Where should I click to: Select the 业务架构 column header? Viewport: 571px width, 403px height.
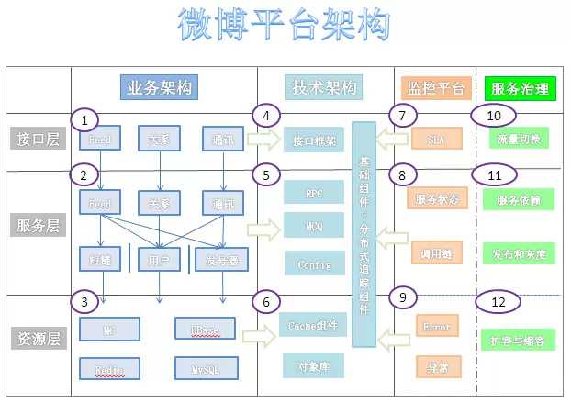[x=160, y=87]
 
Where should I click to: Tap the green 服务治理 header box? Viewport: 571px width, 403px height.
[x=521, y=88]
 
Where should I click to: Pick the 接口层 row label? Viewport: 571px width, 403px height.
[x=38, y=140]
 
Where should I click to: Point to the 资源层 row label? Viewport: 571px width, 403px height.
[x=38, y=339]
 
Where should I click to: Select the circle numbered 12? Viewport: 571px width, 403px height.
[x=498, y=301]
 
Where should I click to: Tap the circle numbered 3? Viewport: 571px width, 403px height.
[x=84, y=301]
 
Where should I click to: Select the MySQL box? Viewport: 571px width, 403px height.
[x=206, y=369]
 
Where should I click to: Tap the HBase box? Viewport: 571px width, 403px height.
[x=205, y=329]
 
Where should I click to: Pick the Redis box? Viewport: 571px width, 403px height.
[x=109, y=369]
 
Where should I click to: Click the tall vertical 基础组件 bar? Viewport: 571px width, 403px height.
[x=364, y=234]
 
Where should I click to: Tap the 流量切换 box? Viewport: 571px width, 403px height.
[x=520, y=140]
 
